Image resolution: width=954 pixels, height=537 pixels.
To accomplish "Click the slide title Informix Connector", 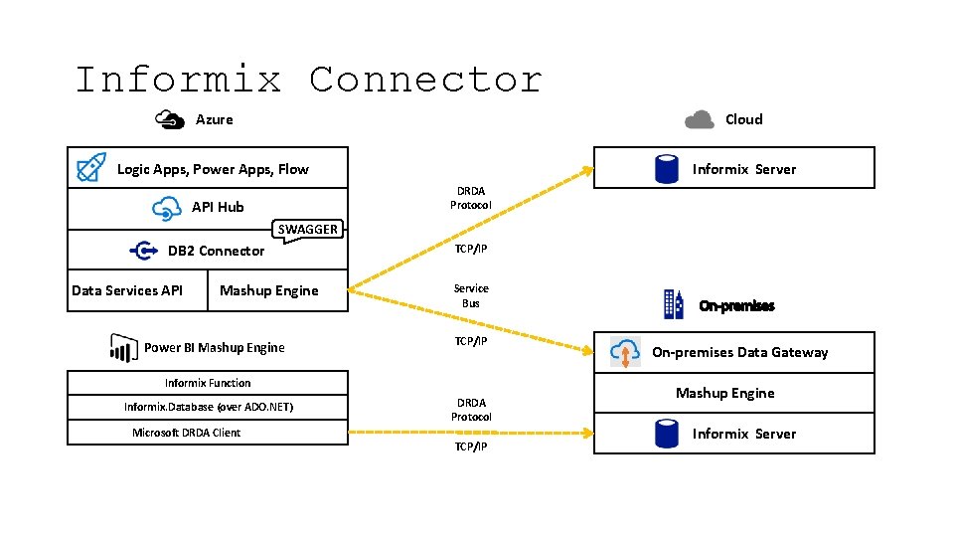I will coord(309,80).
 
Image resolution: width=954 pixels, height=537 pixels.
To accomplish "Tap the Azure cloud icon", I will coord(171,119).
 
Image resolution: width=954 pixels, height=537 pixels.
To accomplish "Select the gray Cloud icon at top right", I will coord(700,119).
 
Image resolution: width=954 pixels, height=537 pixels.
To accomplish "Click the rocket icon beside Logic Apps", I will coord(91,169).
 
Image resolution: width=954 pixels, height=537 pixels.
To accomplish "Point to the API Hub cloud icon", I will coord(166,208).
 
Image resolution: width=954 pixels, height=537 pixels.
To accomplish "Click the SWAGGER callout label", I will coord(307,230).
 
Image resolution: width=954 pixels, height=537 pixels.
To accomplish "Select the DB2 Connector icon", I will coord(144,251).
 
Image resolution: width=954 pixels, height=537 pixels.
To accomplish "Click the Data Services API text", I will coord(127,290).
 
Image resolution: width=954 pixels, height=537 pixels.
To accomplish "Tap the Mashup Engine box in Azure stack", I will coord(269,290).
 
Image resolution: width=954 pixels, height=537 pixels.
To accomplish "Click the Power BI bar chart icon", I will coord(123,348).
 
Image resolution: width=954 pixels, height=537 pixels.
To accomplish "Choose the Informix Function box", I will coord(208,383).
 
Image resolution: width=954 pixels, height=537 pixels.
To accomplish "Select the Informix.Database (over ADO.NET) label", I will coord(208,407).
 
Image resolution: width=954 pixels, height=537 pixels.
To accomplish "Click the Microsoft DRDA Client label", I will coord(187,433).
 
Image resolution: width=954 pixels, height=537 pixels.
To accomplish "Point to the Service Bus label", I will coord(471,295).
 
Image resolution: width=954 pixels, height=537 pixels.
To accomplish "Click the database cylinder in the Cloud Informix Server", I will coord(667,169).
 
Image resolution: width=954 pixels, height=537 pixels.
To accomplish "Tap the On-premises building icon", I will coord(674,304).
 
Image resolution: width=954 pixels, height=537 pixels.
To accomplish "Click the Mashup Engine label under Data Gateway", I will coord(724,393).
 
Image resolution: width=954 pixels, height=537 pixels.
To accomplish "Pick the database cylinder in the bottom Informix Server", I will coord(667,434).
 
